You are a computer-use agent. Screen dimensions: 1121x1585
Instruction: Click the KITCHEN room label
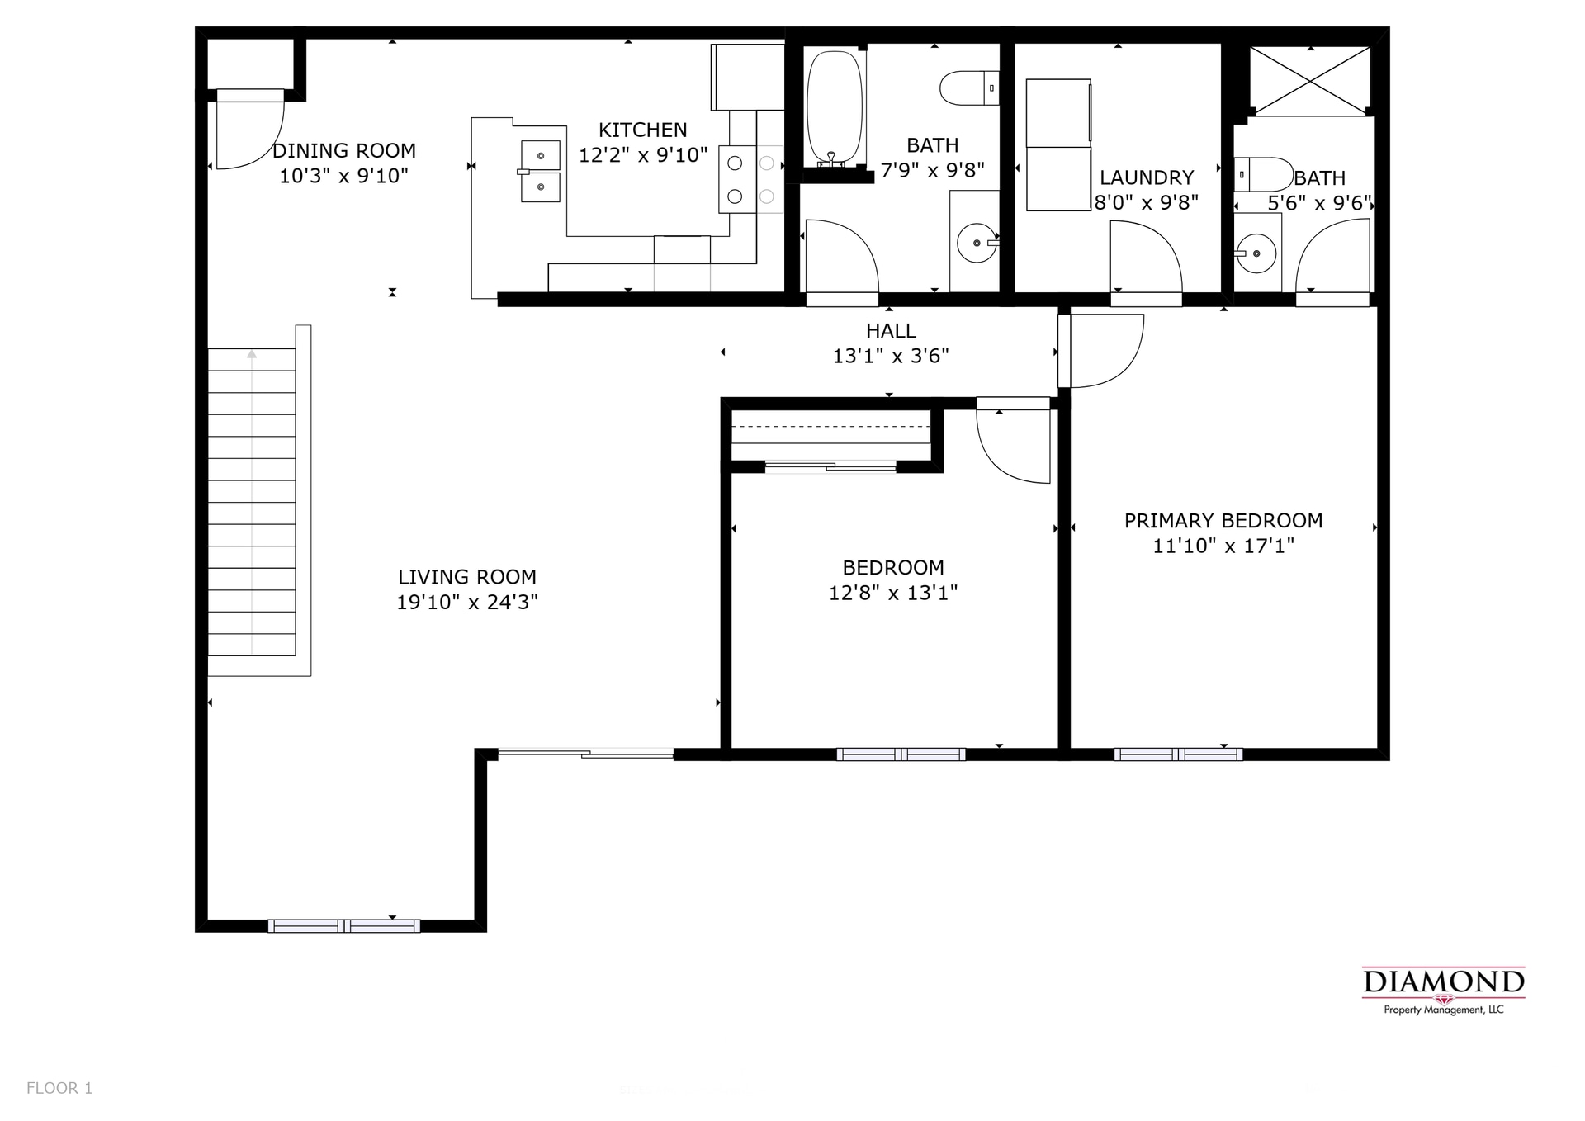point(642,130)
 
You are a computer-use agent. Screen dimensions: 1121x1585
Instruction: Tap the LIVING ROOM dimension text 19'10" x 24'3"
point(467,603)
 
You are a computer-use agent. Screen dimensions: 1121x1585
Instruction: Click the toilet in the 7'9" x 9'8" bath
point(968,88)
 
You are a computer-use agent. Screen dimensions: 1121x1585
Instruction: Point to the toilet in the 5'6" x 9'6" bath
point(1264,175)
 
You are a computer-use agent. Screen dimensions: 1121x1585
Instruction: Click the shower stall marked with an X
point(1310,80)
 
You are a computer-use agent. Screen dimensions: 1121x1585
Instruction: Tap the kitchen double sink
point(540,171)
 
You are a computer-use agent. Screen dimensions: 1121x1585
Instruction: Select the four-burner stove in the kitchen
point(750,180)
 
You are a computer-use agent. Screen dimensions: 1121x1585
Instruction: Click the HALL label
point(891,331)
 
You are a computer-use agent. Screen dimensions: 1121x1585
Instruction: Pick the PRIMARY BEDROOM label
point(1223,521)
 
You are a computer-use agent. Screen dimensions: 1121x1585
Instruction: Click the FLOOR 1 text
point(59,1088)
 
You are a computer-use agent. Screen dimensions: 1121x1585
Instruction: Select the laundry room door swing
point(1144,258)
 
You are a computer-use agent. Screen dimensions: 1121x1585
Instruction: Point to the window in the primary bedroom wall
point(1177,754)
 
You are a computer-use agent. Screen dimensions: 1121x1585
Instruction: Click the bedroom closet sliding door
point(830,467)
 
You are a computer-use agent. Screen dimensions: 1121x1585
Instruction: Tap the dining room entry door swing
point(248,132)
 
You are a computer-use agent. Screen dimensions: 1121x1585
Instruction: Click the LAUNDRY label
point(1146,177)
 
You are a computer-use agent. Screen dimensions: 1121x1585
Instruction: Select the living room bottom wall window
point(343,926)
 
